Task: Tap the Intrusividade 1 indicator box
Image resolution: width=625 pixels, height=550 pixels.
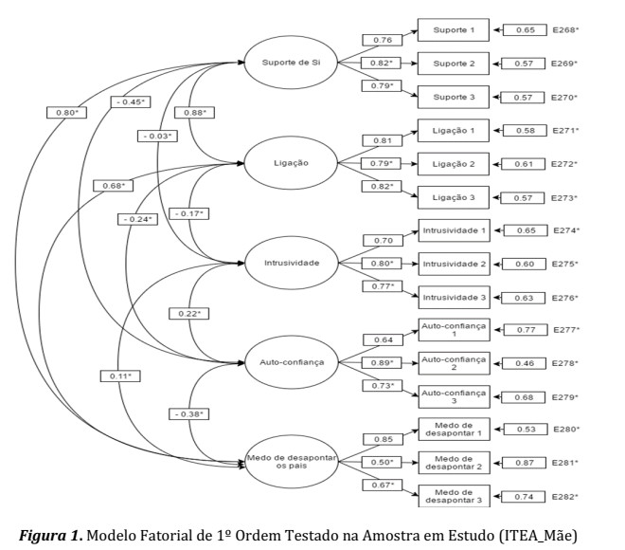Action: pyautogui.click(x=453, y=229)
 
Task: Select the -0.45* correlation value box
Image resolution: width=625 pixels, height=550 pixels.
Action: pyautogui.click(x=131, y=101)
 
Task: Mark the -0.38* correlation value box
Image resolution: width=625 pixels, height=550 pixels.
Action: pyautogui.click(x=191, y=414)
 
